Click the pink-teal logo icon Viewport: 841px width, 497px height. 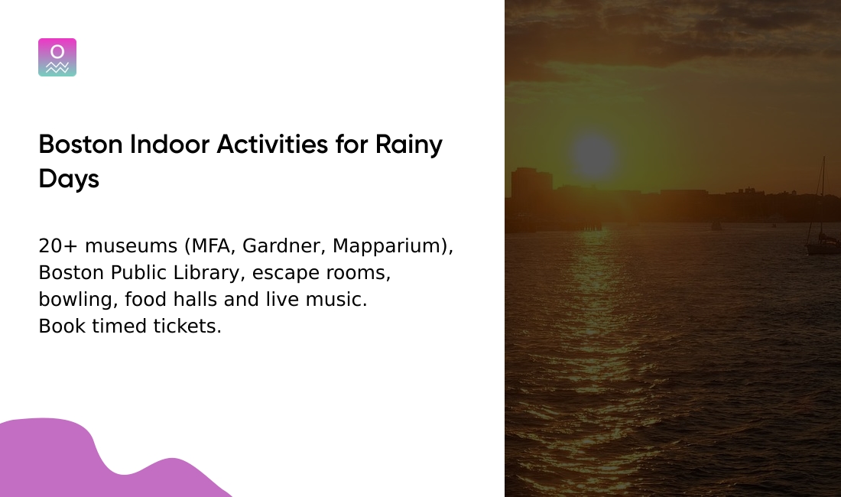pos(57,57)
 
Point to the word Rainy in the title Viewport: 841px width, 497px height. pos(408,145)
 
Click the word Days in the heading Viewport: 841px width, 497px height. pos(69,179)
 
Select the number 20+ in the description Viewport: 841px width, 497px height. pos(58,246)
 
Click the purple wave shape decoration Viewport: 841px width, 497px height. pos(69,459)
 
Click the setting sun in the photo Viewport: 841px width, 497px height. pos(594,156)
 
